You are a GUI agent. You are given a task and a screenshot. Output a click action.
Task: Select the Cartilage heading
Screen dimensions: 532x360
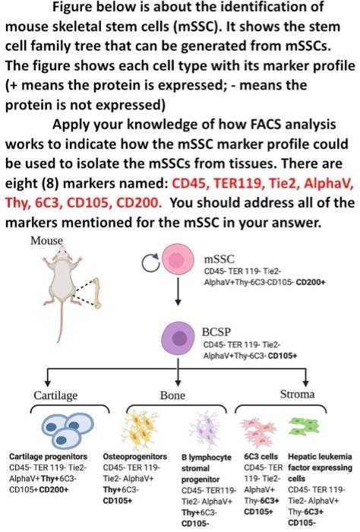click(54, 394)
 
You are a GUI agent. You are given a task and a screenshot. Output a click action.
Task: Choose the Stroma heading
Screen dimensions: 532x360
click(298, 394)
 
